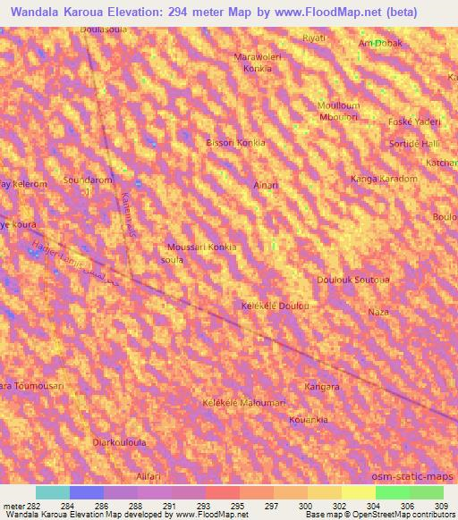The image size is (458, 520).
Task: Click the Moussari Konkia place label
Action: coord(202,247)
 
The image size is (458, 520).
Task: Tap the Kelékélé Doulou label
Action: coord(276,306)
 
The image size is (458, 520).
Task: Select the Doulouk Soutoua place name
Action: coord(352,280)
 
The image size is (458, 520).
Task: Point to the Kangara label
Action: coord(322,387)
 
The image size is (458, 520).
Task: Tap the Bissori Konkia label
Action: coord(236,142)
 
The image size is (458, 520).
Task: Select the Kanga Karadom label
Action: coord(385,179)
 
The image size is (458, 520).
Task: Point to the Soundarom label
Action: coord(87,180)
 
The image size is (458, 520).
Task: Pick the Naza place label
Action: coord(379,312)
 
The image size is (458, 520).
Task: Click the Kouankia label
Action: coord(309,419)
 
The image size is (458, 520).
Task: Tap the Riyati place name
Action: coord(314,38)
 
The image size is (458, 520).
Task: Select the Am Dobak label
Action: coord(380,43)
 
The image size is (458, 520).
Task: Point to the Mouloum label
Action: coord(338,105)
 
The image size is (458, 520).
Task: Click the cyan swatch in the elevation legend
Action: coord(53,492)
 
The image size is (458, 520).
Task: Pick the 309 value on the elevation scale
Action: coord(443,507)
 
